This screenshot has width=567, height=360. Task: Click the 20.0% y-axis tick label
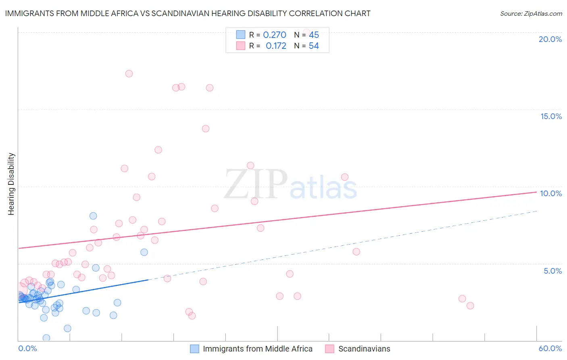(x=550, y=39)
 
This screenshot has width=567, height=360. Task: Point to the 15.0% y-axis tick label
(x=551, y=116)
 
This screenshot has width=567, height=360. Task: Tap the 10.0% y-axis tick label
(x=551, y=193)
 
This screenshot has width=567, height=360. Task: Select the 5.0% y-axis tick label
(x=552, y=271)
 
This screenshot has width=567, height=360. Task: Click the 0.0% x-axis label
(x=27, y=348)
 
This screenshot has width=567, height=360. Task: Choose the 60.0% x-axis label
(x=550, y=348)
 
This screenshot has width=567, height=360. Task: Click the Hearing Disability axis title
(x=11, y=184)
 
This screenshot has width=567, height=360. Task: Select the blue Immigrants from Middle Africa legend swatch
(x=194, y=349)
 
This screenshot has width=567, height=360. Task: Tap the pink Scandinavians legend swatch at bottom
(x=330, y=349)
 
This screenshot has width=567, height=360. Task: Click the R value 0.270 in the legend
(x=275, y=35)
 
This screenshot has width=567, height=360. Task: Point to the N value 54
(x=314, y=46)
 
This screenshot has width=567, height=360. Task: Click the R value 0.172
(x=276, y=46)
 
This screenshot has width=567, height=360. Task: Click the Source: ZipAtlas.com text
(x=531, y=14)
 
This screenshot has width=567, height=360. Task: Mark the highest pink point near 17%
(x=129, y=73)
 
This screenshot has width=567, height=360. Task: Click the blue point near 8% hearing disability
(x=93, y=216)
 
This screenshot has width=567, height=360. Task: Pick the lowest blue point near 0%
(x=46, y=338)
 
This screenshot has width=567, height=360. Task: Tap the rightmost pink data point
(x=470, y=306)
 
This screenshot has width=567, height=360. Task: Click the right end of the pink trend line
(x=536, y=192)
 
